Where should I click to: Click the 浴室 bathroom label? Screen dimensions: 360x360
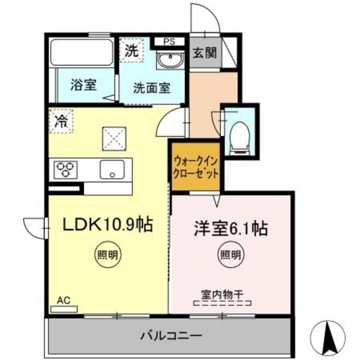click(83, 85)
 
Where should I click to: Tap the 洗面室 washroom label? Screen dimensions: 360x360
click(151, 88)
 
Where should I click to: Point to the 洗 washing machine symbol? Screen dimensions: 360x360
click(131, 50)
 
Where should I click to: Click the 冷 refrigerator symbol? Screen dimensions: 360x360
click(61, 119)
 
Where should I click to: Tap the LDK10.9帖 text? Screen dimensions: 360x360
click(107, 224)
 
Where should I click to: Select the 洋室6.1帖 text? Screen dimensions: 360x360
click(230, 228)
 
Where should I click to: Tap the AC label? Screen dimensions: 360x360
click(63, 300)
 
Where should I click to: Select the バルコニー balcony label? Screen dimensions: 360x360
click(171, 335)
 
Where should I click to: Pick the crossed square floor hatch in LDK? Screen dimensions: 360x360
click(114, 139)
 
